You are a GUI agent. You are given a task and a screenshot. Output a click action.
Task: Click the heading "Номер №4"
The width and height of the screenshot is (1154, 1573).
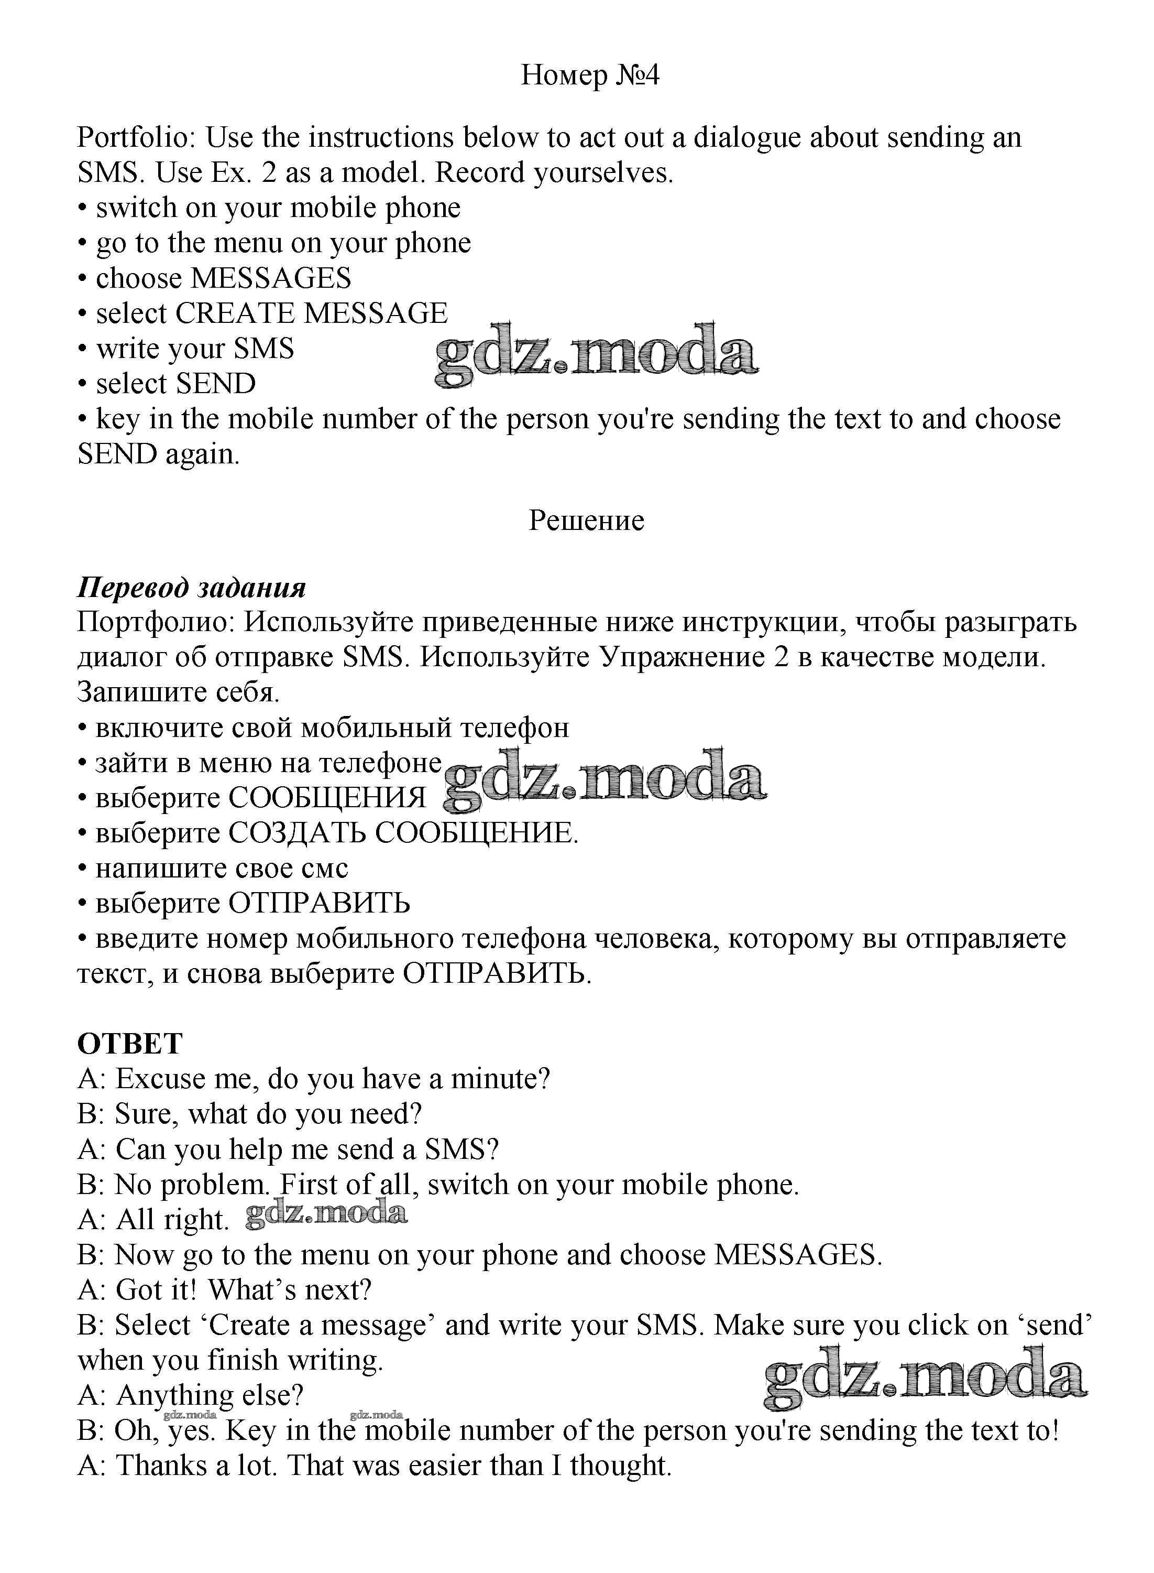(590, 75)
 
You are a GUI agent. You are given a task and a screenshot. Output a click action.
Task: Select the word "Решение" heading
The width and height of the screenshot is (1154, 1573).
(586, 520)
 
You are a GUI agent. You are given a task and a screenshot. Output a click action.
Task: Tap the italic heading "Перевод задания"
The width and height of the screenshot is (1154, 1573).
(191, 587)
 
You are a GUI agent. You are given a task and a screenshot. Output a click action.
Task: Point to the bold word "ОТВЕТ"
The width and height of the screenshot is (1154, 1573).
(130, 1044)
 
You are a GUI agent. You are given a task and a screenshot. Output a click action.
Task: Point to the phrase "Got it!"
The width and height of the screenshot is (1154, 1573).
(157, 1290)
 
